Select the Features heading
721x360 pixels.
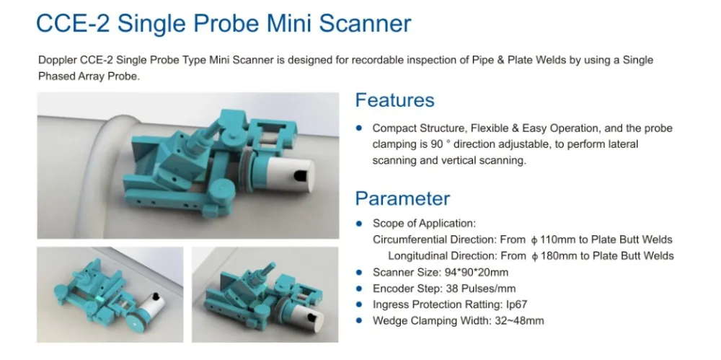tap(394, 100)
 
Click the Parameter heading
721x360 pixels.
tap(402, 198)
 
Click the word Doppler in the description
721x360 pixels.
tap(56, 60)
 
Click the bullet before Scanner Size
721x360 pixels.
tap(360, 272)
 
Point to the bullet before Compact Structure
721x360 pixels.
tap(360, 128)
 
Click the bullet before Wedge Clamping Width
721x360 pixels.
tap(360, 320)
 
